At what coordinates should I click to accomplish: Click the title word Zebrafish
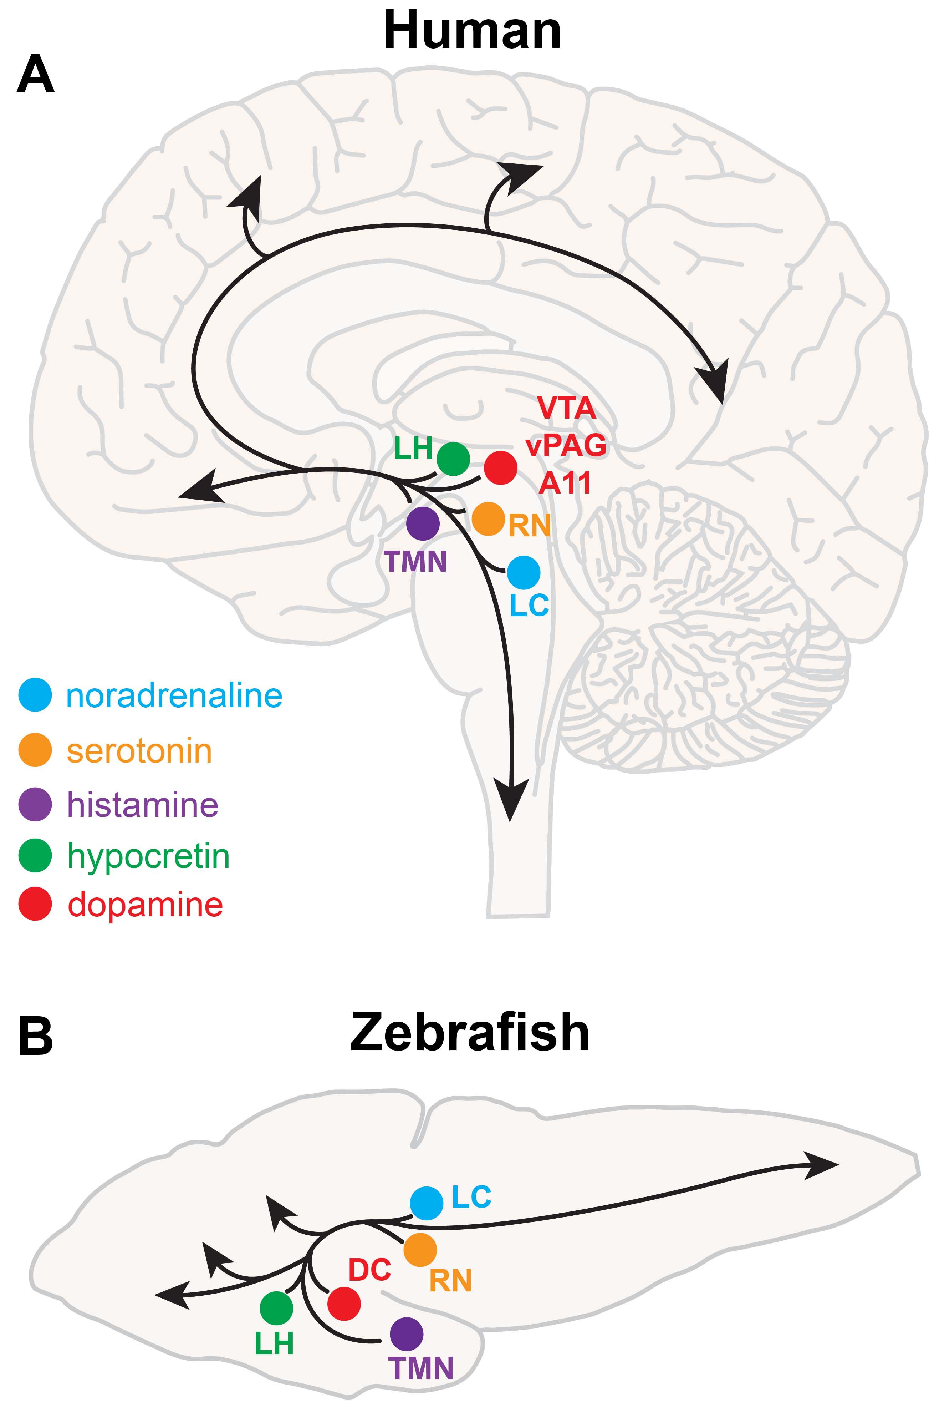469,1032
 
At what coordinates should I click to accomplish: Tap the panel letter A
36,74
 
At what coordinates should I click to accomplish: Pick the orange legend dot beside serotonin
35,750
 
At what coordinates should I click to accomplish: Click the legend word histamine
143,805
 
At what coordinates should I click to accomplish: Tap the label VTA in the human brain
566,408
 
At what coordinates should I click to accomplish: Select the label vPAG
566,445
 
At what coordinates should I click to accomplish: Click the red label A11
565,483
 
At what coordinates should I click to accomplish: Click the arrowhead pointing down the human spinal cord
511,800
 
